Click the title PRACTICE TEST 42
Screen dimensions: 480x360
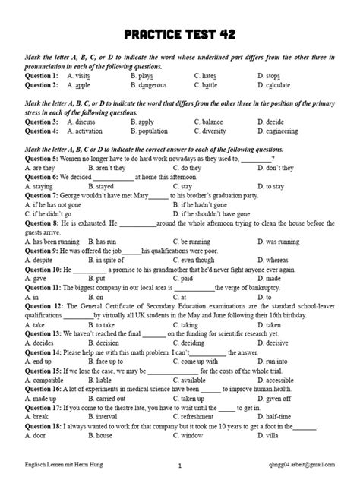pyautogui.click(x=180, y=36)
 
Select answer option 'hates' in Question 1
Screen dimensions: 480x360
pyautogui.click(x=207, y=77)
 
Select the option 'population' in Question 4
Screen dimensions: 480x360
pyautogui.click(x=152, y=131)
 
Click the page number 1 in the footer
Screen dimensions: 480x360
pyautogui.click(x=179, y=463)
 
